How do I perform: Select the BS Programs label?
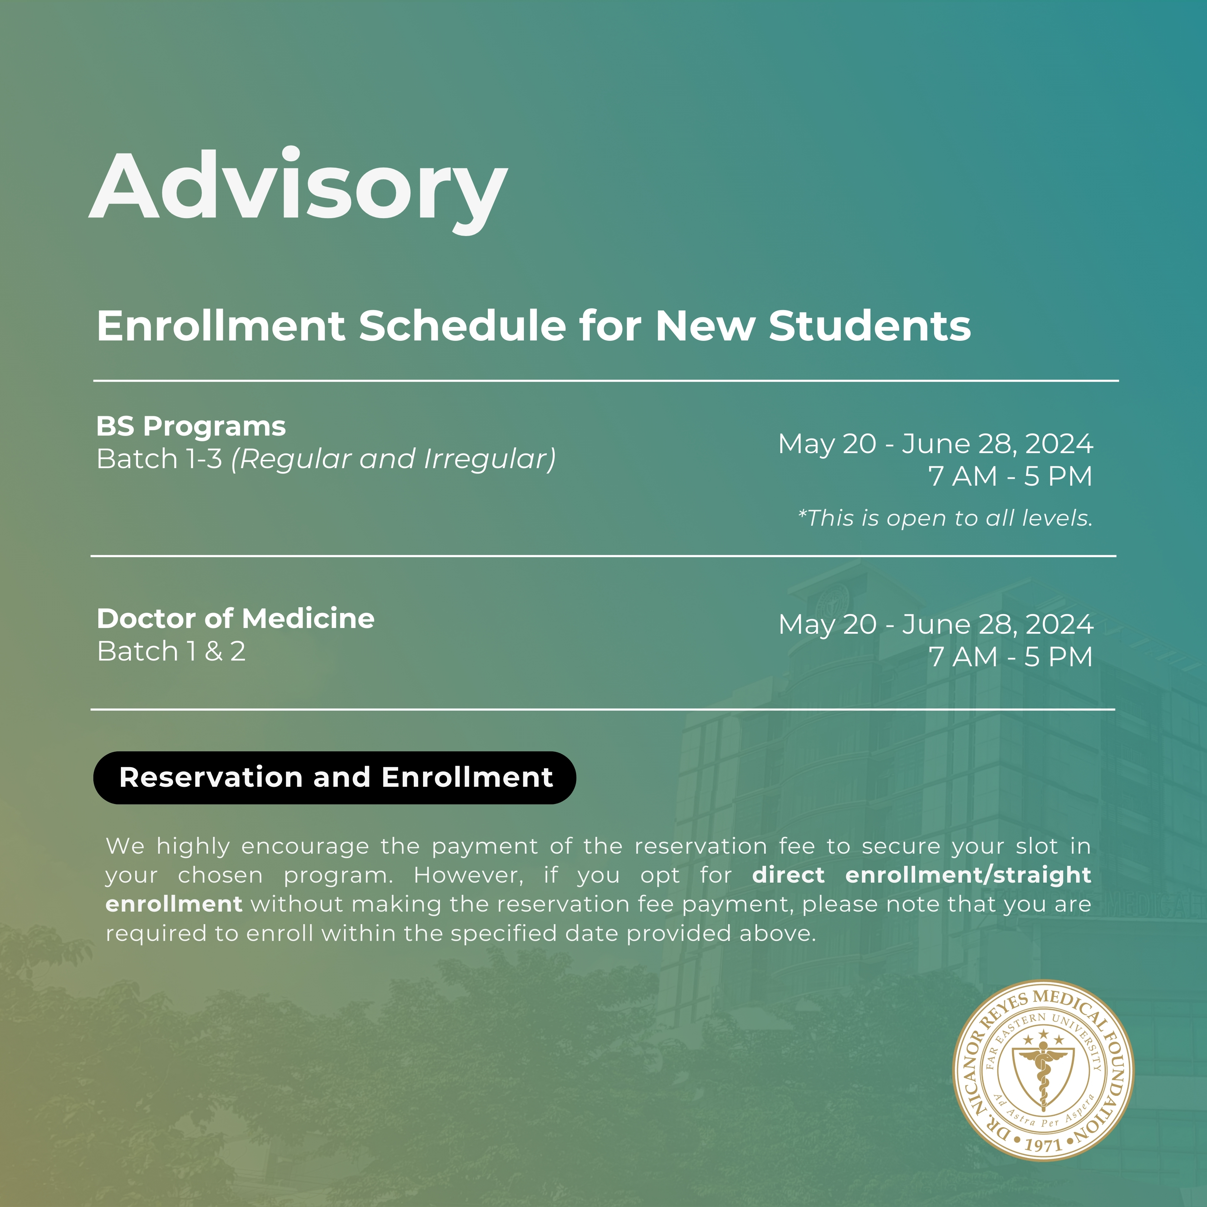pyautogui.click(x=191, y=427)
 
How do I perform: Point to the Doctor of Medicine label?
pyautogui.click(x=236, y=618)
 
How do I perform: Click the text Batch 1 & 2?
pyautogui.click(x=171, y=652)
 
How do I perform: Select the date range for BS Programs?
pyautogui.click(x=935, y=444)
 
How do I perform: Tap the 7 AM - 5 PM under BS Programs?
pyautogui.click(x=1010, y=477)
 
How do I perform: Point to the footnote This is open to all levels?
pyautogui.click(x=945, y=518)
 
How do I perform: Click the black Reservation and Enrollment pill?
pyautogui.click(x=335, y=778)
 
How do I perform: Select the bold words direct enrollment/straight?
pyautogui.click(x=922, y=875)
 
